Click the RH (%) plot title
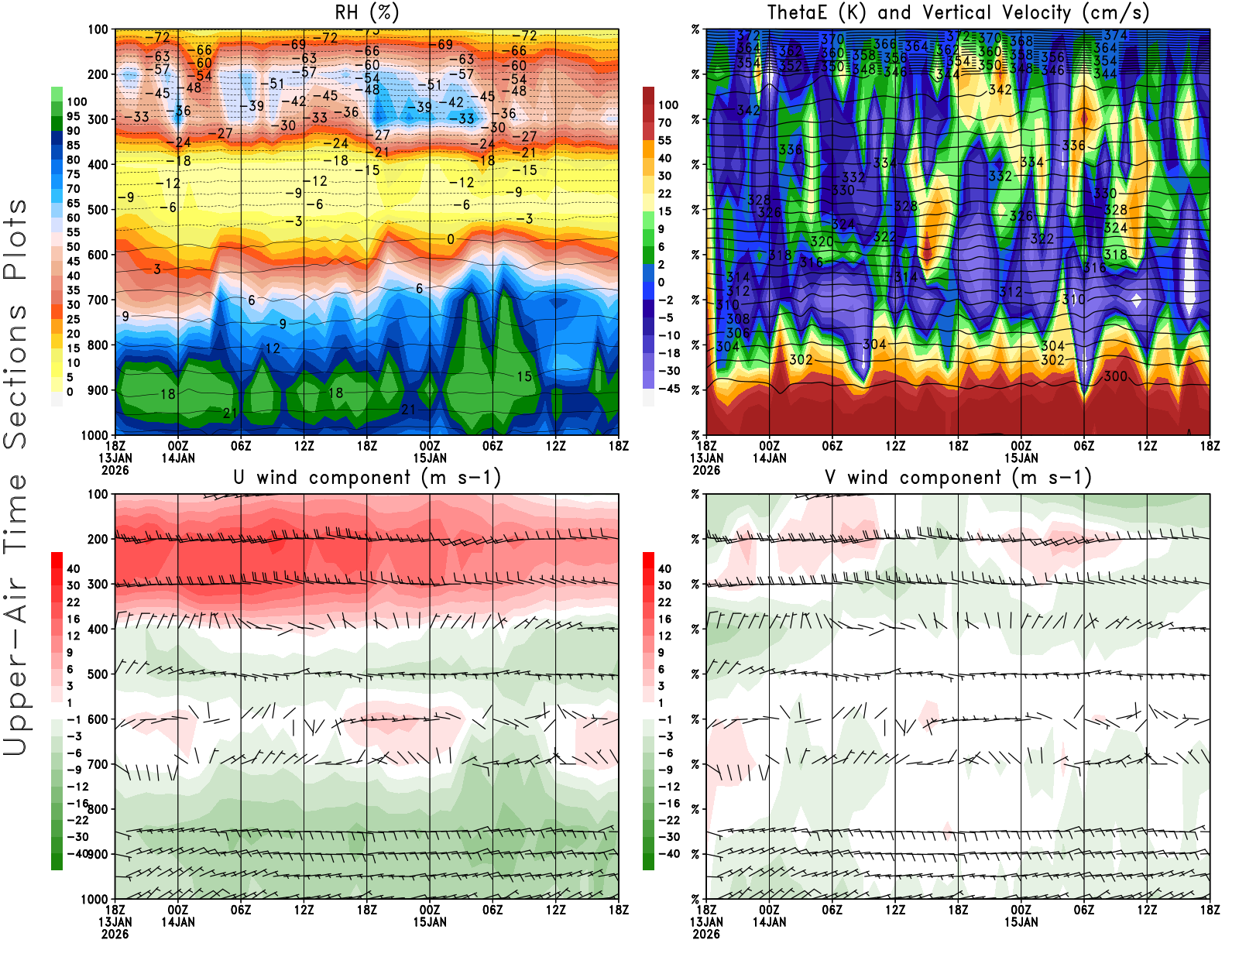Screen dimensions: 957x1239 [367, 13]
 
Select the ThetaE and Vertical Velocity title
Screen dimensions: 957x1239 [958, 13]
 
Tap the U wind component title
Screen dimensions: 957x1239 [367, 478]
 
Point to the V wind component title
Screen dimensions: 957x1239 [958, 478]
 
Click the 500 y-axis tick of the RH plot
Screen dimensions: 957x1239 [98, 210]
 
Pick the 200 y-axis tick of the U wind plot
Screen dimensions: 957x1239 [98, 540]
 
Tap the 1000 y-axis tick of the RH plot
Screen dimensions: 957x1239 [95, 435]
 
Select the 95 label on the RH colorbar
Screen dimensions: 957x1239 [73, 116]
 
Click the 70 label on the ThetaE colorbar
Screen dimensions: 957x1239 [664, 122]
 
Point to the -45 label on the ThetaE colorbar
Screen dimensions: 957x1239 [668, 389]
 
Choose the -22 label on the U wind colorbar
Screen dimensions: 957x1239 [77, 820]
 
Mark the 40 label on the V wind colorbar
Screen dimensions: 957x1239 [664, 568]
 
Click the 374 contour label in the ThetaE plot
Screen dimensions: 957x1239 [1116, 36]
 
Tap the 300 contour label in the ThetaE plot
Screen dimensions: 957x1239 [1115, 376]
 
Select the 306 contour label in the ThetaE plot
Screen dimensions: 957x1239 [738, 333]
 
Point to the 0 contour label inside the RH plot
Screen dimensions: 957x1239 [451, 240]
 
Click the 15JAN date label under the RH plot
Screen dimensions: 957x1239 [430, 458]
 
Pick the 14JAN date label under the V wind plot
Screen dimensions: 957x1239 [769, 922]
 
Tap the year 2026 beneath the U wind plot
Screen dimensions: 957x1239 [115, 934]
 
